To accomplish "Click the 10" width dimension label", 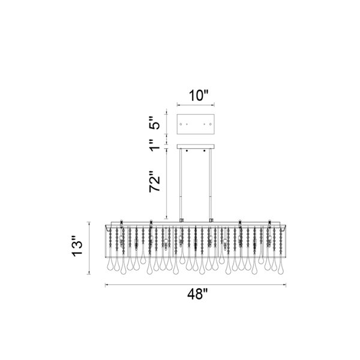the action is point(199,95).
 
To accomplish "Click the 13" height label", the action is point(77,246).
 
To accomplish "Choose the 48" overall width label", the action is point(197,294).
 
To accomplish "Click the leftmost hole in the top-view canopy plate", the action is point(181,124).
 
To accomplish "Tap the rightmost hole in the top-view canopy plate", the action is point(211,124).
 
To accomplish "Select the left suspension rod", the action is point(181,185).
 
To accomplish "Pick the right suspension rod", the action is point(210,185).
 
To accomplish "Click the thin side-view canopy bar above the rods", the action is point(196,146).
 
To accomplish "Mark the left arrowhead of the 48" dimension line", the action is point(106,285).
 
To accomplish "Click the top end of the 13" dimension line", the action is point(89,222).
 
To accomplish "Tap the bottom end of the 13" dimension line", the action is point(89,274).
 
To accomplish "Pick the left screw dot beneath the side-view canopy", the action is point(187,151).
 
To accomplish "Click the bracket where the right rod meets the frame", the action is point(211,220).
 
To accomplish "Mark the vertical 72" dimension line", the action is point(167,183).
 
